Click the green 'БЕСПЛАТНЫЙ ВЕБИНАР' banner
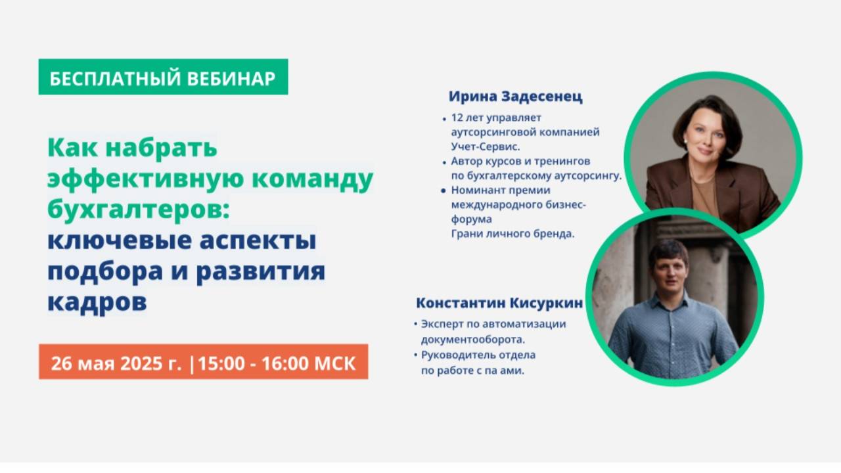pos(163,77)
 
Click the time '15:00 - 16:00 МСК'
pos(276,363)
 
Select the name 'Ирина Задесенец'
pos(515,97)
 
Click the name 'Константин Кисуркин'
pos(499,304)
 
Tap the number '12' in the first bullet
pos(457,118)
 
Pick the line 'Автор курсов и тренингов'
pos(520,161)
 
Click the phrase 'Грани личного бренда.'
pos(512,233)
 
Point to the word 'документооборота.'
pos(472,340)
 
